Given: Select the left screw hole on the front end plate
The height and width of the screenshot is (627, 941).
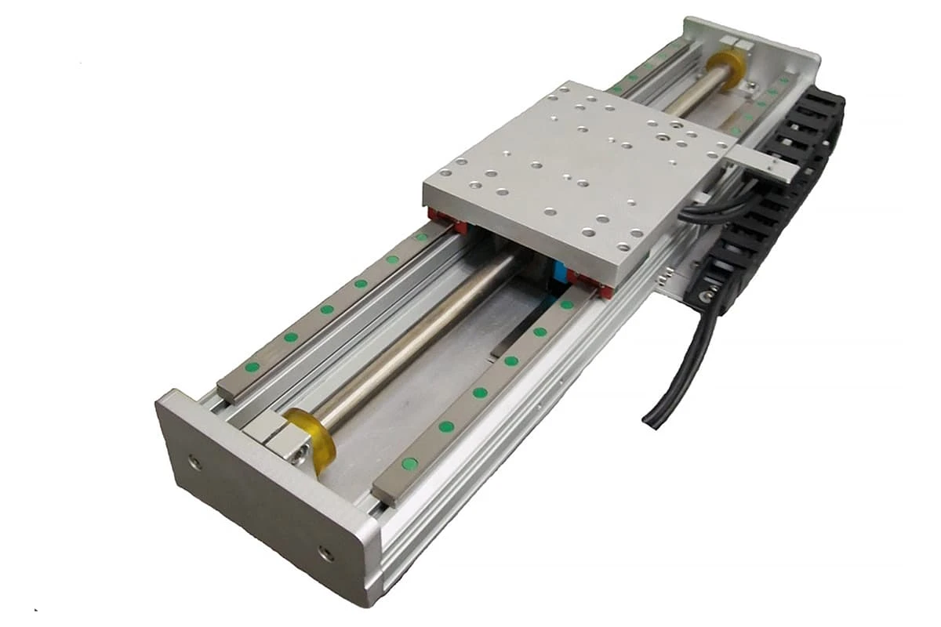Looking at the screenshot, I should [x=195, y=462].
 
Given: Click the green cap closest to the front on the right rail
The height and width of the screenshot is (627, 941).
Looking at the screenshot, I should [x=409, y=463].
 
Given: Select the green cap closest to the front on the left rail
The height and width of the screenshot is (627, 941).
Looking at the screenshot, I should [x=252, y=366].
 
